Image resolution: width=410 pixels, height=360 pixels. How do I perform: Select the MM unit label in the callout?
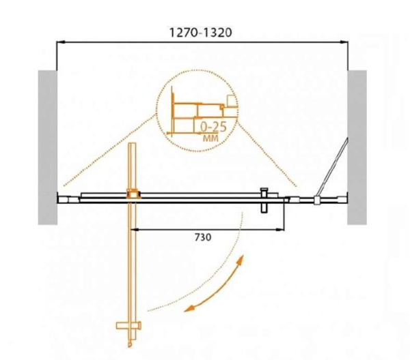[x=212, y=139]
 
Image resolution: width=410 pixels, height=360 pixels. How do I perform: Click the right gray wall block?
[x=357, y=147]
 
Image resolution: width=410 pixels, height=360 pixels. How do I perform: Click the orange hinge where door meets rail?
[x=133, y=194]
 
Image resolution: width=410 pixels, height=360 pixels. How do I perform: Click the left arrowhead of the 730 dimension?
[x=135, y=227]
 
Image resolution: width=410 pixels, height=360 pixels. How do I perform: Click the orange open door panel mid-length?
[x=133, y=259]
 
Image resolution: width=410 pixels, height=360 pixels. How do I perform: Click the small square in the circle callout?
[x=231, y=102]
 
